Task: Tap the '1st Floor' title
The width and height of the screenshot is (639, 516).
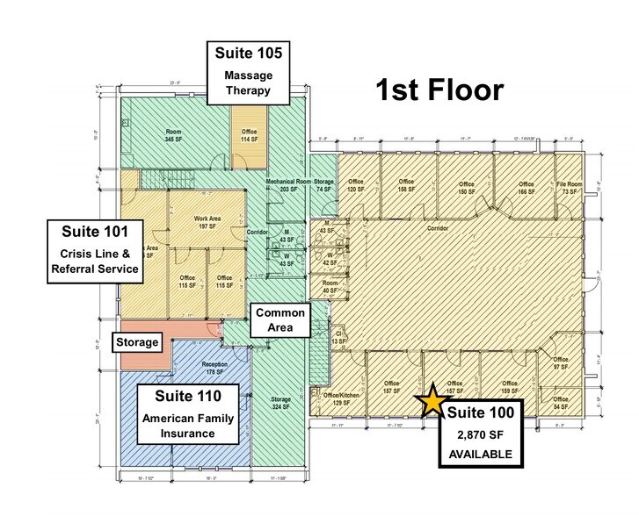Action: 439,90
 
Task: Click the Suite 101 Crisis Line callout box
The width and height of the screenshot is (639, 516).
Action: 95,250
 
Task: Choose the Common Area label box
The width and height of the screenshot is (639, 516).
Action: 280,320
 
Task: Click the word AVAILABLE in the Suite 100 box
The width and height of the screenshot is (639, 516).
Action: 480,453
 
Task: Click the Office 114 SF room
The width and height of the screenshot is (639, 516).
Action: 248,135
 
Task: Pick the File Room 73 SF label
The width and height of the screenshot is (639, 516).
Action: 569,187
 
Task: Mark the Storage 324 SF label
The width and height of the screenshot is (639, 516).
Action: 280,404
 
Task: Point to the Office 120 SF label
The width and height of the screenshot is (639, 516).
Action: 355,187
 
